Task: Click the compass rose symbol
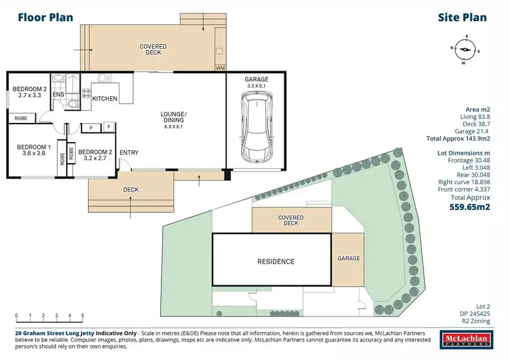pyautogui.click(x=465, y=49)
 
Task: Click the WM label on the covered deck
pyautogui.click(x=220, y=68)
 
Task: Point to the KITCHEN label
pyautogui.click(x=105, y=99)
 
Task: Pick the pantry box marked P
pyautogui.click(x=90, y=127)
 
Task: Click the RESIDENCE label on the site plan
pyautogui.click(x=276, y=262)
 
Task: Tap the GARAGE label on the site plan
pyautogui.click(x=348, y=259)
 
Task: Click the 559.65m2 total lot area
pyautogui.click(x=469, y=208)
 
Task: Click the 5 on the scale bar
pyautogui.click(x=83, y=314)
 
